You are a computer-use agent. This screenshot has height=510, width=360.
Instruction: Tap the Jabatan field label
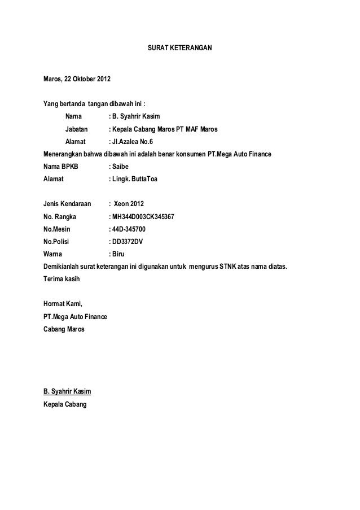[x=77, y=129]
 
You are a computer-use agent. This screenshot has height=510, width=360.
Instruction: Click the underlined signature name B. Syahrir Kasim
[x=68, y=391]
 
